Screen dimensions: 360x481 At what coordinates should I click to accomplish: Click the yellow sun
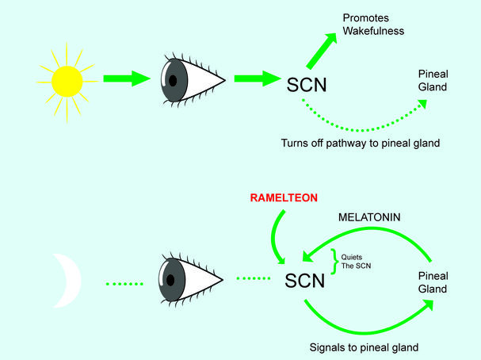[x=67, y=79]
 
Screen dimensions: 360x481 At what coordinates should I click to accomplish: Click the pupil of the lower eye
[x=170, y=280]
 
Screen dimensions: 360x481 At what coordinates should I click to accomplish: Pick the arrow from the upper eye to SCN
[x=255, y=79]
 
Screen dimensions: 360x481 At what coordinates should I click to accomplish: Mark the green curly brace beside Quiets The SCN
[x=335, y=260]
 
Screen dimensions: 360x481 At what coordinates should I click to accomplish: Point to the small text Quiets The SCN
[x=354, y=261]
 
